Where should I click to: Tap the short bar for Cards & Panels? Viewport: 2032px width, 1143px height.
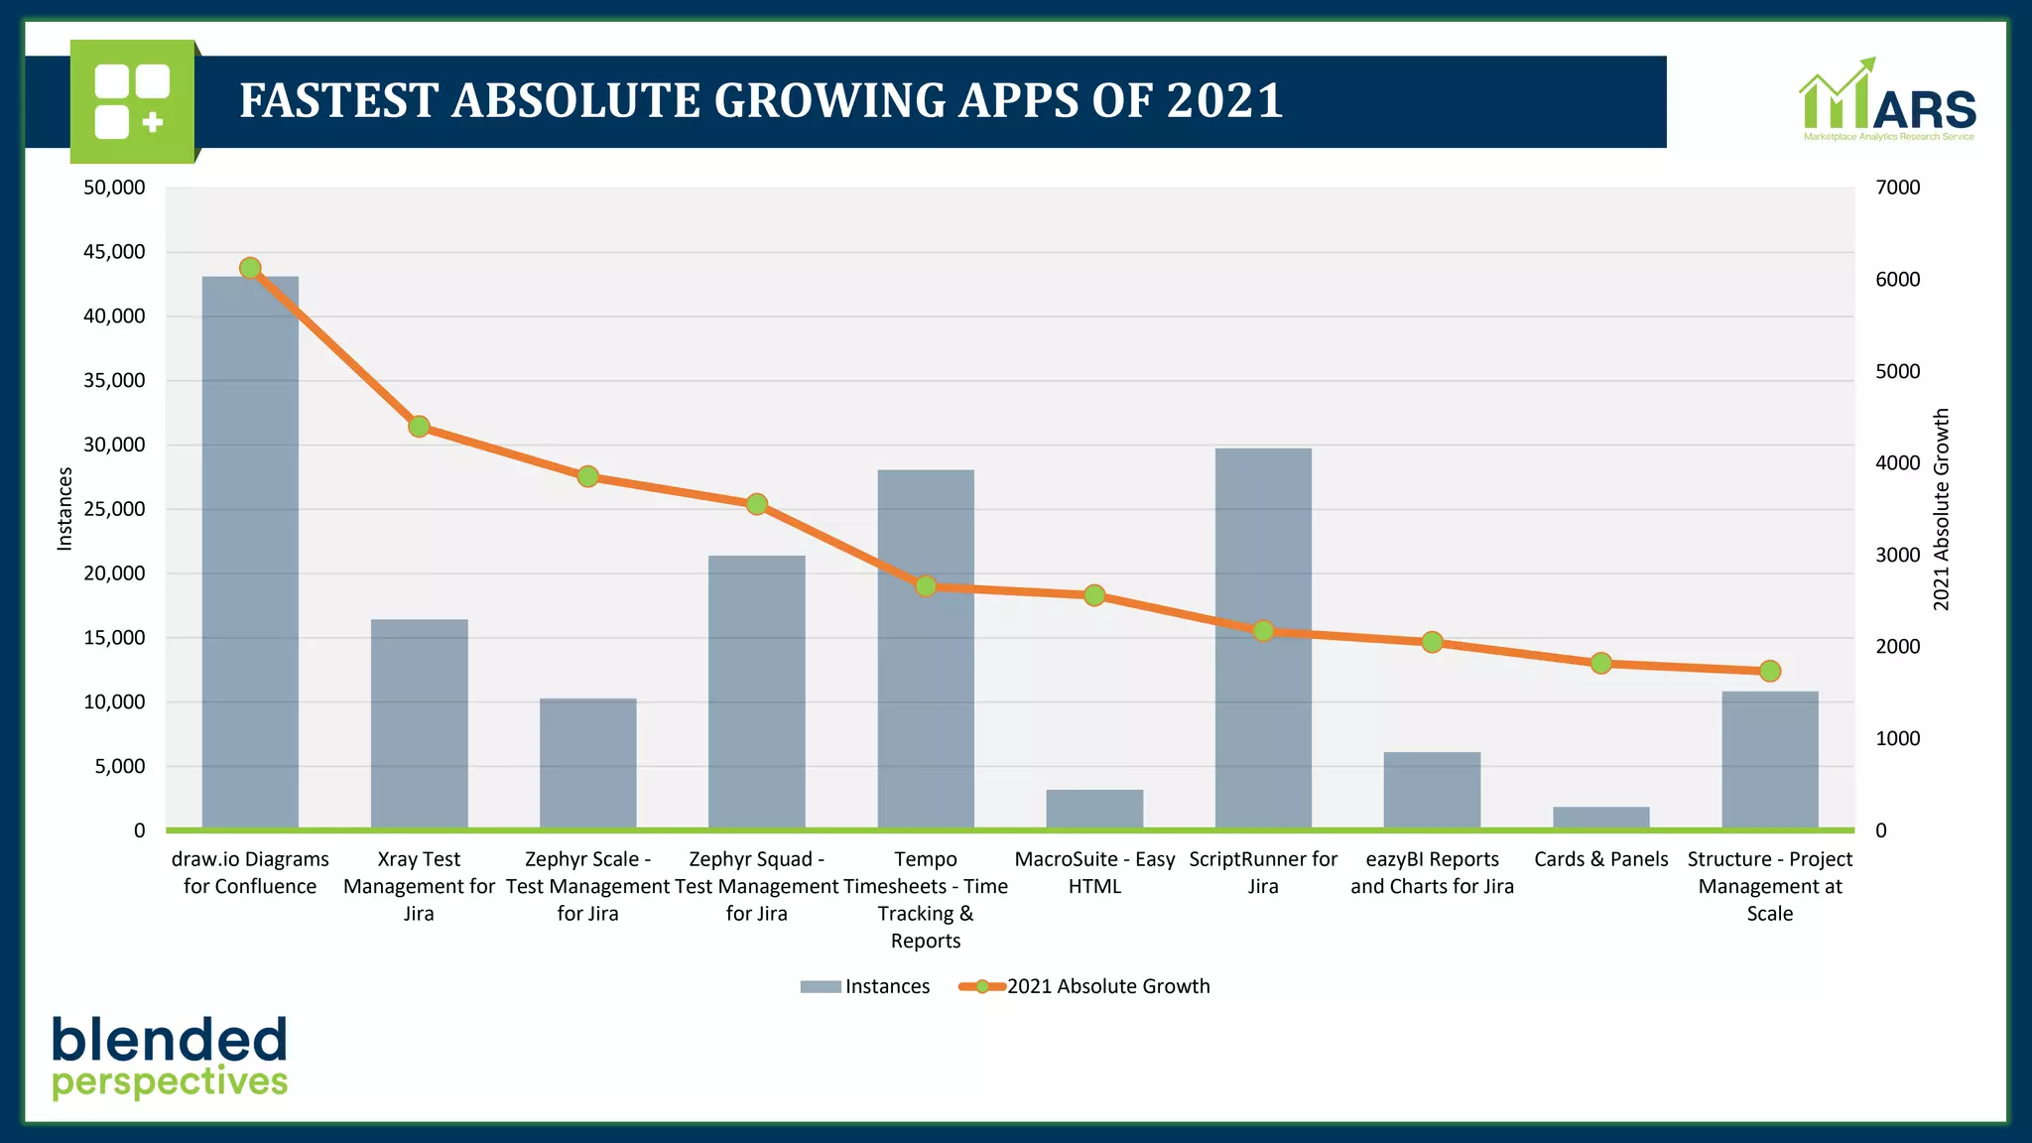1600,818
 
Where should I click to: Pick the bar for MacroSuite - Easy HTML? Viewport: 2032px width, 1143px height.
1094,809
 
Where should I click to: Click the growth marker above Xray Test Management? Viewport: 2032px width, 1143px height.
419,427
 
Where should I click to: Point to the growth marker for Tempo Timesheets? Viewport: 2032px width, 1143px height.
926,586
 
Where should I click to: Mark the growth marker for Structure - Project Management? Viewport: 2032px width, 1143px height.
1770,672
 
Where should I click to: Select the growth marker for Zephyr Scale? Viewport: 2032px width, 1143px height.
587,477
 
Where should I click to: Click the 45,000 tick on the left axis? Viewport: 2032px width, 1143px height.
114,252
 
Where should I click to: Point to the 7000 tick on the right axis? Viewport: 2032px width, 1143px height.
1897,188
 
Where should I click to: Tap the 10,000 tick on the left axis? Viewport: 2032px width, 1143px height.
114,702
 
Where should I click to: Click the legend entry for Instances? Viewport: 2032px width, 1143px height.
865,986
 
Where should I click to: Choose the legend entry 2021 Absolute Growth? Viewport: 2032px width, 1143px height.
1085,986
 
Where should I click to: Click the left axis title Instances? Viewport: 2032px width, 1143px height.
65,509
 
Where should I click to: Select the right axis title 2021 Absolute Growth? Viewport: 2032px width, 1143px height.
1942,509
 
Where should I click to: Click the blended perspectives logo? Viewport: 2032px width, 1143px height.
170,1058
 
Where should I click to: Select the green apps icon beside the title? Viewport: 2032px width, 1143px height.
132,101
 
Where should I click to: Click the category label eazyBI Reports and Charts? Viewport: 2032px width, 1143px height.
1432,872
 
